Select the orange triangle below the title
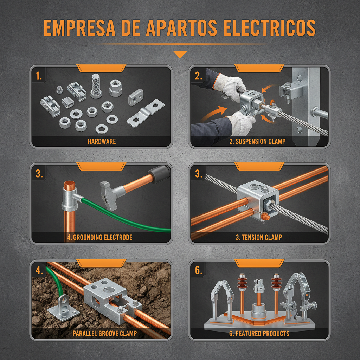[x=180, y=54]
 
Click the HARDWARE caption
[x=102, y=142]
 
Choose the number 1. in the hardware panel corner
[x=39, y=76]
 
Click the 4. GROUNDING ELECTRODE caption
[x=99, y=237]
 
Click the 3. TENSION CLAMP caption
[x=259, y=237]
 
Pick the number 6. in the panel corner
[x=199, y=270]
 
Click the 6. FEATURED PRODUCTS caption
[x=259, y=333]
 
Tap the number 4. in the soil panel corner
[x=39, y=270]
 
